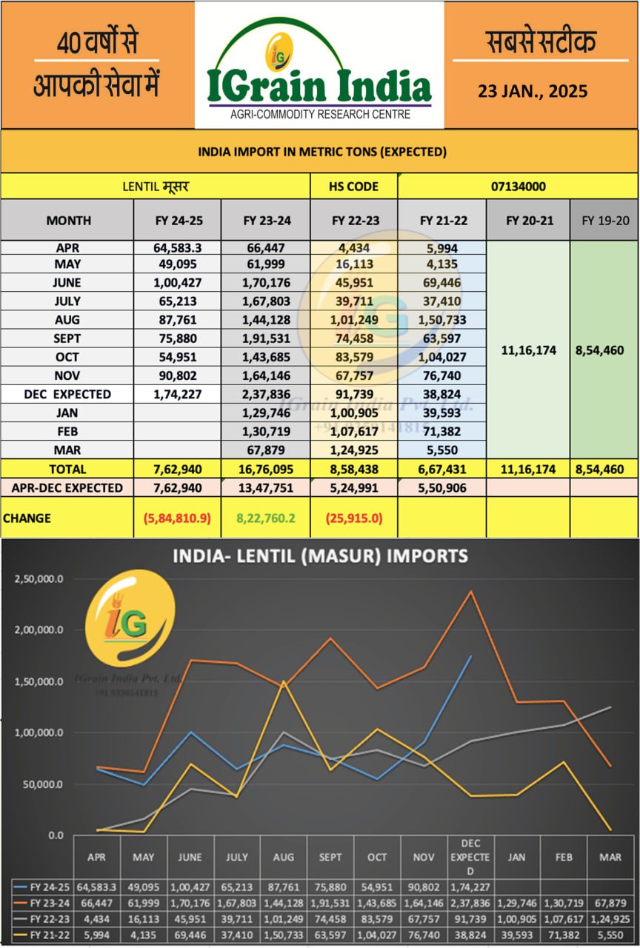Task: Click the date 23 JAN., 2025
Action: point(533,91)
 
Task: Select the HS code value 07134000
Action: point(518,186)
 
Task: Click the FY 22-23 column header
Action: point(354,220)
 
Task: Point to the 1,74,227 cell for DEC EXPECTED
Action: point(178,394)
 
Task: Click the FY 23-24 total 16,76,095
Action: point(266,469)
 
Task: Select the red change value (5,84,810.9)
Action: point(178,518)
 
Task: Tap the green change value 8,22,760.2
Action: point(266,518)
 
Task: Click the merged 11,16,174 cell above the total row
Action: point(528,350)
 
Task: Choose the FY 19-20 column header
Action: point(604,220)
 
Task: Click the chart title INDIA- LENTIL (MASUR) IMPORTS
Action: point(320,555)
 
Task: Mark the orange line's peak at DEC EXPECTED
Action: point(470,591)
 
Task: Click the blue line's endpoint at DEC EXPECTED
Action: point(470,656)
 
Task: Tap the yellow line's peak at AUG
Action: point(284,681)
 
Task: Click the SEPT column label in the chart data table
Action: point(330,856)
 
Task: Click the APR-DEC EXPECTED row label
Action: point(67,488)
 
